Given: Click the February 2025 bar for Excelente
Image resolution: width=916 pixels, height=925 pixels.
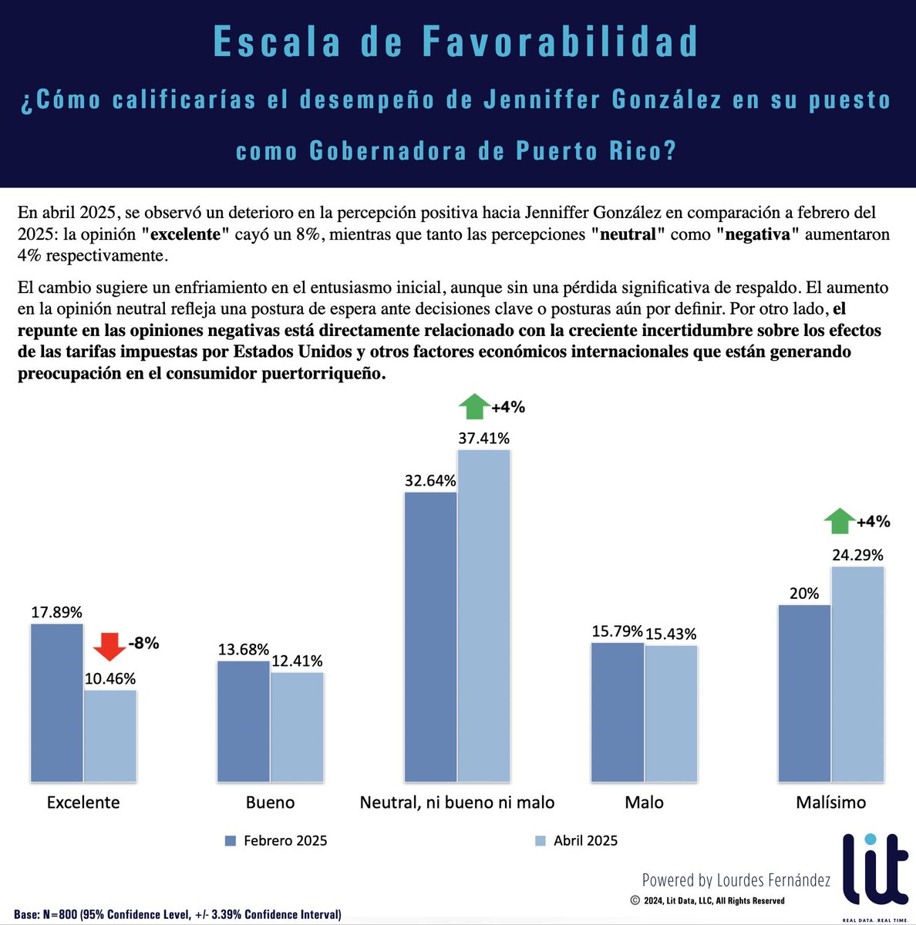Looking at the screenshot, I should pos(57,703).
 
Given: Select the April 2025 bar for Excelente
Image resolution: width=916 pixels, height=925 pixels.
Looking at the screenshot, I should pos(110,736).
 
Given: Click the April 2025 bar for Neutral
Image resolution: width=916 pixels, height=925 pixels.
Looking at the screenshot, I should pos(483,616).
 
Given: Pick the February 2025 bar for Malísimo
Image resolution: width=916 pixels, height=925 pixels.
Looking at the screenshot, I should pos(804,694).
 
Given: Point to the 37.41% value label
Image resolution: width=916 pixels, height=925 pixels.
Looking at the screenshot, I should pos(483,438).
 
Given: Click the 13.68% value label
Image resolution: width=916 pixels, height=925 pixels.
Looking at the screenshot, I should pos(243,649).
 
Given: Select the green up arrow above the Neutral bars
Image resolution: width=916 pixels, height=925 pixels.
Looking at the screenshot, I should pos(473,405).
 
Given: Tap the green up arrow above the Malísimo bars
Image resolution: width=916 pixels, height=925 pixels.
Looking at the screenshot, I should pos(839,521).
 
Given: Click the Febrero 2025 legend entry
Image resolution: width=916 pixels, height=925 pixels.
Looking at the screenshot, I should pos(276,841).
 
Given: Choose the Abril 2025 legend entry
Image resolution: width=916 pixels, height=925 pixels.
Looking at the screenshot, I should pos(577,841).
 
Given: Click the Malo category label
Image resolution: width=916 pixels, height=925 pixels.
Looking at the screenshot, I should pos(644,802).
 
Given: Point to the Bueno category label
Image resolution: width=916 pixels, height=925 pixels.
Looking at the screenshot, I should pos(270,802).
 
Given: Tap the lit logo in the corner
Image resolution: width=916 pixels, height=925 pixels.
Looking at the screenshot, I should pos(875,871).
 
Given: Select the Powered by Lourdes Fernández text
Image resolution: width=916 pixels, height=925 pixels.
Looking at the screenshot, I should pos(736,880).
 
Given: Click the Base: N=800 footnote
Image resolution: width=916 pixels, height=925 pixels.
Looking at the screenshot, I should pos(177,914).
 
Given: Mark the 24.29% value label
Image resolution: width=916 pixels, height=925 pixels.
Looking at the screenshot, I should pos(857,555).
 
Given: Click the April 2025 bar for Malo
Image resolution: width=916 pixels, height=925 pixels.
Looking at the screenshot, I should pos(671,714).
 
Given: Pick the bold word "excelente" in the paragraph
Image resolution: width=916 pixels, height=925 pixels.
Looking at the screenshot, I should pos(186,234).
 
